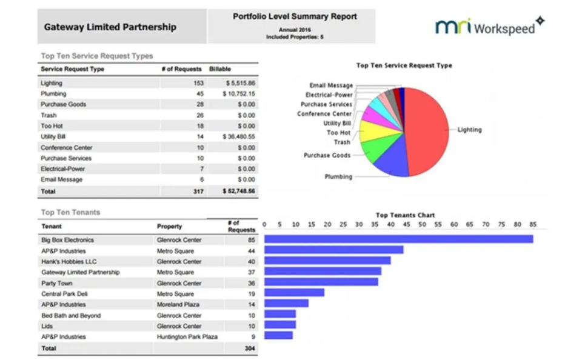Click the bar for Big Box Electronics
tap(398, 239)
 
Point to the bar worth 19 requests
tap(294, 293)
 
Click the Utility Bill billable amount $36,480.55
tap(240, 137)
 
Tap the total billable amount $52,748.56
tap(239, 192)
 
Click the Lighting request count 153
tap(198, 83)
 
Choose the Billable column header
tap(219, 69)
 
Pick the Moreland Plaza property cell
tap(176, 304)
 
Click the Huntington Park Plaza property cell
tap(187, 336)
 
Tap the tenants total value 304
tap(249, 348)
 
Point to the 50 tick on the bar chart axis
tap(423, 224)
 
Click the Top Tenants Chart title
tap(405, 215)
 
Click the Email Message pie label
tap(331, 86)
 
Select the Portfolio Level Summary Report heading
tap(295, 17)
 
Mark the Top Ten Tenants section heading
tap(70, 213)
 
